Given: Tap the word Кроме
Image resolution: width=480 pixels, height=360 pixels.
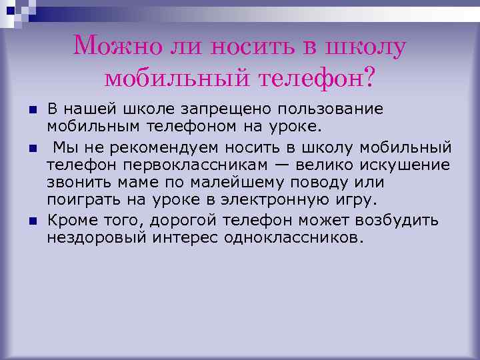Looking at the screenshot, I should [x=72, y=221].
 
